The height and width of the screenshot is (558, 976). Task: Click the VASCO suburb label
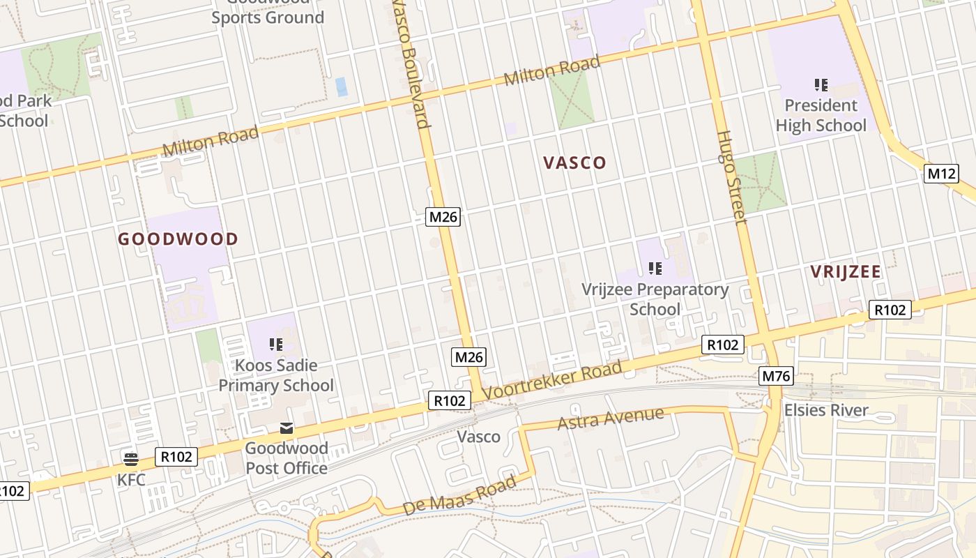[574, 163]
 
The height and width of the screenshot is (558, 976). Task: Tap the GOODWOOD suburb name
[178, 239]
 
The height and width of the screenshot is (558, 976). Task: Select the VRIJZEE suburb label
[846, 272]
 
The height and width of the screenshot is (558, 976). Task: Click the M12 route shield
[942, 174]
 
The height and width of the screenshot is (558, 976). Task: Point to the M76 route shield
[777, 377]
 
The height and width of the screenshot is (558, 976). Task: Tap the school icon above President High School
[821, 85]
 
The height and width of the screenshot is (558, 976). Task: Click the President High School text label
[821, 115]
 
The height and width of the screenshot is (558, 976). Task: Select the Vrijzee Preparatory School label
[655, 299]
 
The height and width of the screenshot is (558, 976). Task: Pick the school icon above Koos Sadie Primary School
[276, 344]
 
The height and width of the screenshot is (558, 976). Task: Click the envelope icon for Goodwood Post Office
[287, 428]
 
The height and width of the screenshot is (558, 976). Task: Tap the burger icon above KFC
[130, 458]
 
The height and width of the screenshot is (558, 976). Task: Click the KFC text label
[130, 480]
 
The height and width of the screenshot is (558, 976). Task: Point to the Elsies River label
[826, 410]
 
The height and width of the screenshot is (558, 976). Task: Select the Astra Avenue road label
[611, 418]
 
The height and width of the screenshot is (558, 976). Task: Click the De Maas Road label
[460, 496]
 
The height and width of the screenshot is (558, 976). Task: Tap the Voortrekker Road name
[551, 381]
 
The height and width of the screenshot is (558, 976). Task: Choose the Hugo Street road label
[731, 178]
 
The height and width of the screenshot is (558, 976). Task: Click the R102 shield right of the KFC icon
[176, 457]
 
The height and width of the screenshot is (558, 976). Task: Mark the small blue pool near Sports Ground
[342, 86]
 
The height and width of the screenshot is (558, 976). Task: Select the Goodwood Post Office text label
[286, 458]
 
